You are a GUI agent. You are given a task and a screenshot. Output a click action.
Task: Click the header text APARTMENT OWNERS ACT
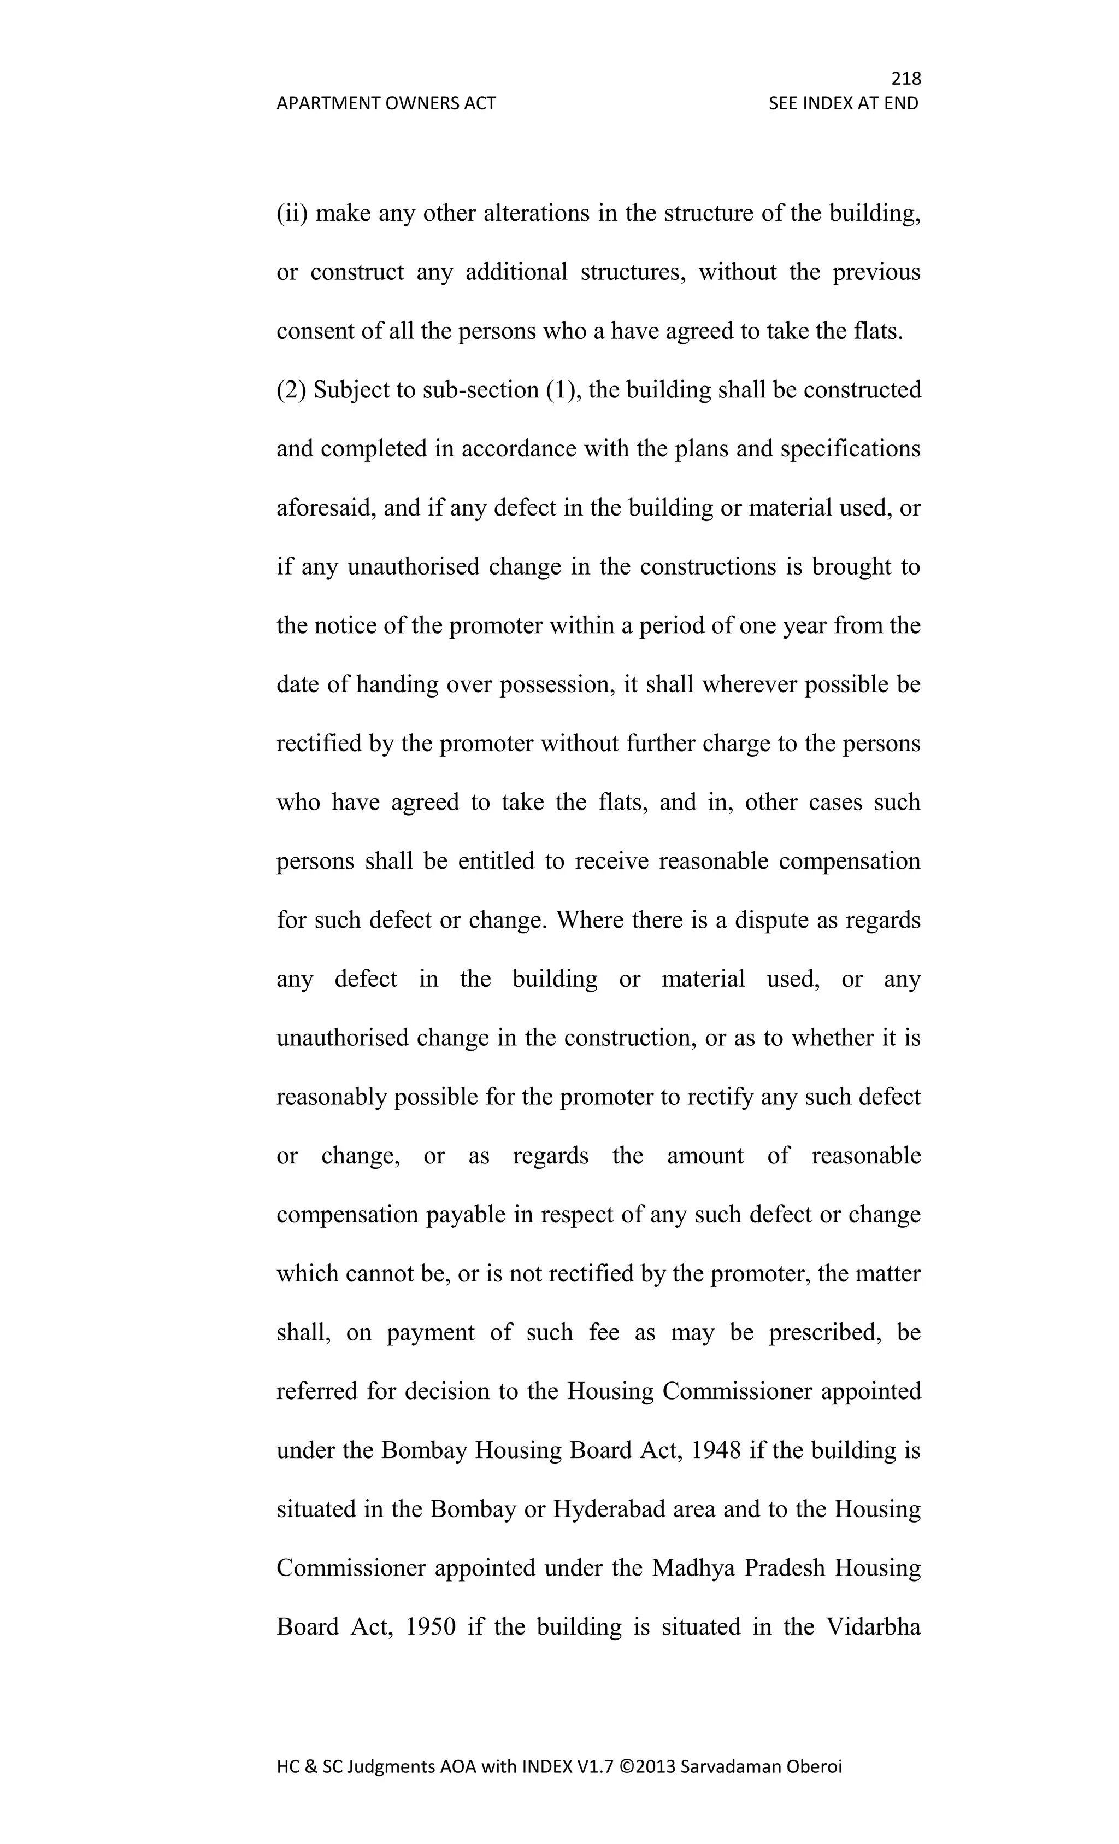pyautogui.click(x=386, y=103)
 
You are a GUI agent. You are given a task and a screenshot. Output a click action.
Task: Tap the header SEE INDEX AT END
pyautogui.click(x=843, y=103)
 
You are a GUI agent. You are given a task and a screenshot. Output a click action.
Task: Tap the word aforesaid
pyautogui.click(x=326, y=508)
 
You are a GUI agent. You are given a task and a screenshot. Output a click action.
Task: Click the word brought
pyautogui.click(x=851, y=566)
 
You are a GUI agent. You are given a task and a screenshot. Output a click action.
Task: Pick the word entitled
pyautogui.click(x=496, y=862)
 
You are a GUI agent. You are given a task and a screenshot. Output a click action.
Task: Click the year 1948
pyautogui.click(x=716, y=1450)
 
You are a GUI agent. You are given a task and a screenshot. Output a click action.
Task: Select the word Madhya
pyautogui.click(x=693, y=1568)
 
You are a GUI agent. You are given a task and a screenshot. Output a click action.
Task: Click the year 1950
pyautogui.click(x=429, y=1627)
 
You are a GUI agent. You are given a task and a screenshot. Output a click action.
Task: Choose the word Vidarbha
pyautogui.click(x=873, y=1627)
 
